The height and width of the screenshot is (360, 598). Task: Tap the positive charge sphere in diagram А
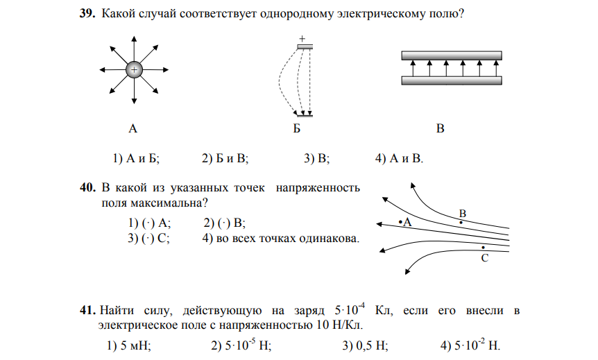134,69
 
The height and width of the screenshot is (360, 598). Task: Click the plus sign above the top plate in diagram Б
302,39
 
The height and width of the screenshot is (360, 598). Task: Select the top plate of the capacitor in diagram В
452,55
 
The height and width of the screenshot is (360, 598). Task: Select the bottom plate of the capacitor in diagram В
452,80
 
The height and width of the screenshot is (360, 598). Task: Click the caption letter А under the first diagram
133,128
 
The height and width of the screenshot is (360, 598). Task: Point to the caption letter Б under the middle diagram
296,128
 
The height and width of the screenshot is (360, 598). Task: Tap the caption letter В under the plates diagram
440,128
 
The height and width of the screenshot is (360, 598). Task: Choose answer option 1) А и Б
136,159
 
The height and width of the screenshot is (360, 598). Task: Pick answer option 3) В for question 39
316,159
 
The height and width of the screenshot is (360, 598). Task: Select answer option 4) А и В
398,159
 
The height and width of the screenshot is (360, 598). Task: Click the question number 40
88,188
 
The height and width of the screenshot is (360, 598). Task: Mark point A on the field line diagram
401,222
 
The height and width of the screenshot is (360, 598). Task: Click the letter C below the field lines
484,257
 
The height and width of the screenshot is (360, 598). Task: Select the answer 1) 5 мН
129,345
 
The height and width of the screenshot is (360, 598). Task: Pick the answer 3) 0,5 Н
365,345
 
